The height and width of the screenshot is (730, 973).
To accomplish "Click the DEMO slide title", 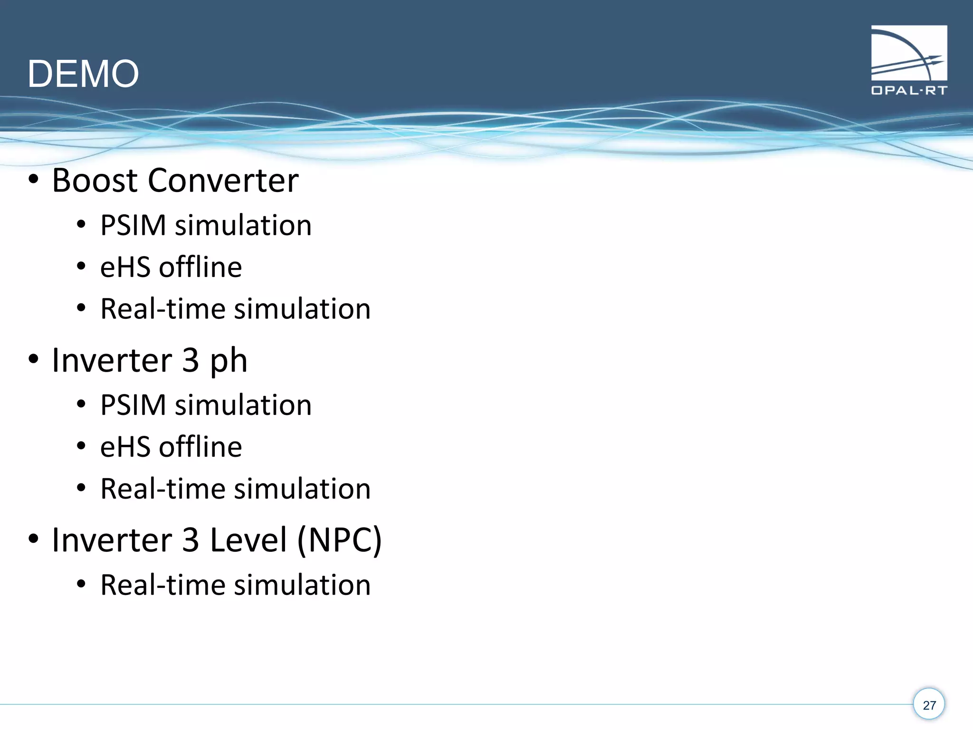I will [x=83, y=74].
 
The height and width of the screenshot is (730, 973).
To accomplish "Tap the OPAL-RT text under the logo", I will [x=909, y=90].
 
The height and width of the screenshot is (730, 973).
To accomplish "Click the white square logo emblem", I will [x=909, y=53].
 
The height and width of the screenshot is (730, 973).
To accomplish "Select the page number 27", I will [x=929, y=705].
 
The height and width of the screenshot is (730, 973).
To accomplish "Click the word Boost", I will [x=95, y=181].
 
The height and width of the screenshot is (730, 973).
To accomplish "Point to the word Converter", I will [x=223, y=181].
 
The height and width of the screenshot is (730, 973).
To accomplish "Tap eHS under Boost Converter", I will [x=124, y=267].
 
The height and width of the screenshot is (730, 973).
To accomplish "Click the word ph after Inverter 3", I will [x=229, y=361].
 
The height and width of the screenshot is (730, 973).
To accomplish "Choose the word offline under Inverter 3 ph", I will [x=200, y=447].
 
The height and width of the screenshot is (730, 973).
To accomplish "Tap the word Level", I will [x=248, y=540].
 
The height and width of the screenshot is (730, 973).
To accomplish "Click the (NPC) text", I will [x=339, y=540].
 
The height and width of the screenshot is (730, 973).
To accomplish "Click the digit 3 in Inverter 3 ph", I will [x=191, y=360].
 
